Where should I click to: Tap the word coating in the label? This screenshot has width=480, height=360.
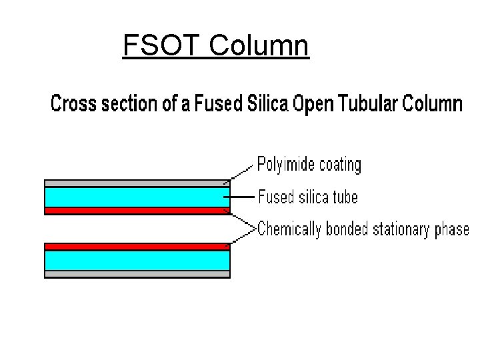(338, 165)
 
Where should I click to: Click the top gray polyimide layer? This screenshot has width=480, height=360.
(137, 183)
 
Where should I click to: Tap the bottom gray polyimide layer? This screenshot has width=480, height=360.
(137, 273)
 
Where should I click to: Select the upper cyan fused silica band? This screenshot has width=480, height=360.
(137, 197)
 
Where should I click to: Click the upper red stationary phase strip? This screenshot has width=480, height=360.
(137, 211)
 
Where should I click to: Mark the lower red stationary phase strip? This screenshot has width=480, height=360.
(137, 246)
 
